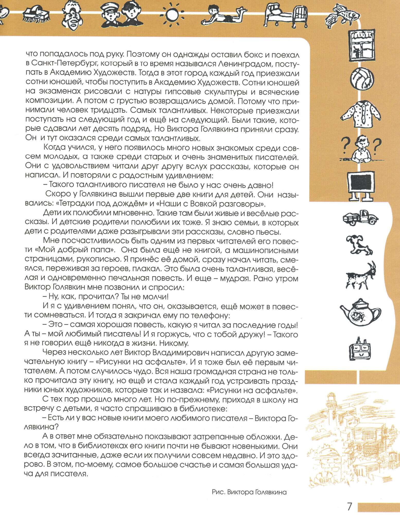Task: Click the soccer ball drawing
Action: [362, 80]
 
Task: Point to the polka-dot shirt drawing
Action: [361, 113]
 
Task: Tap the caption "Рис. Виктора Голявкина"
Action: [249, 492]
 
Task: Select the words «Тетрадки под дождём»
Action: [101, 204]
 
